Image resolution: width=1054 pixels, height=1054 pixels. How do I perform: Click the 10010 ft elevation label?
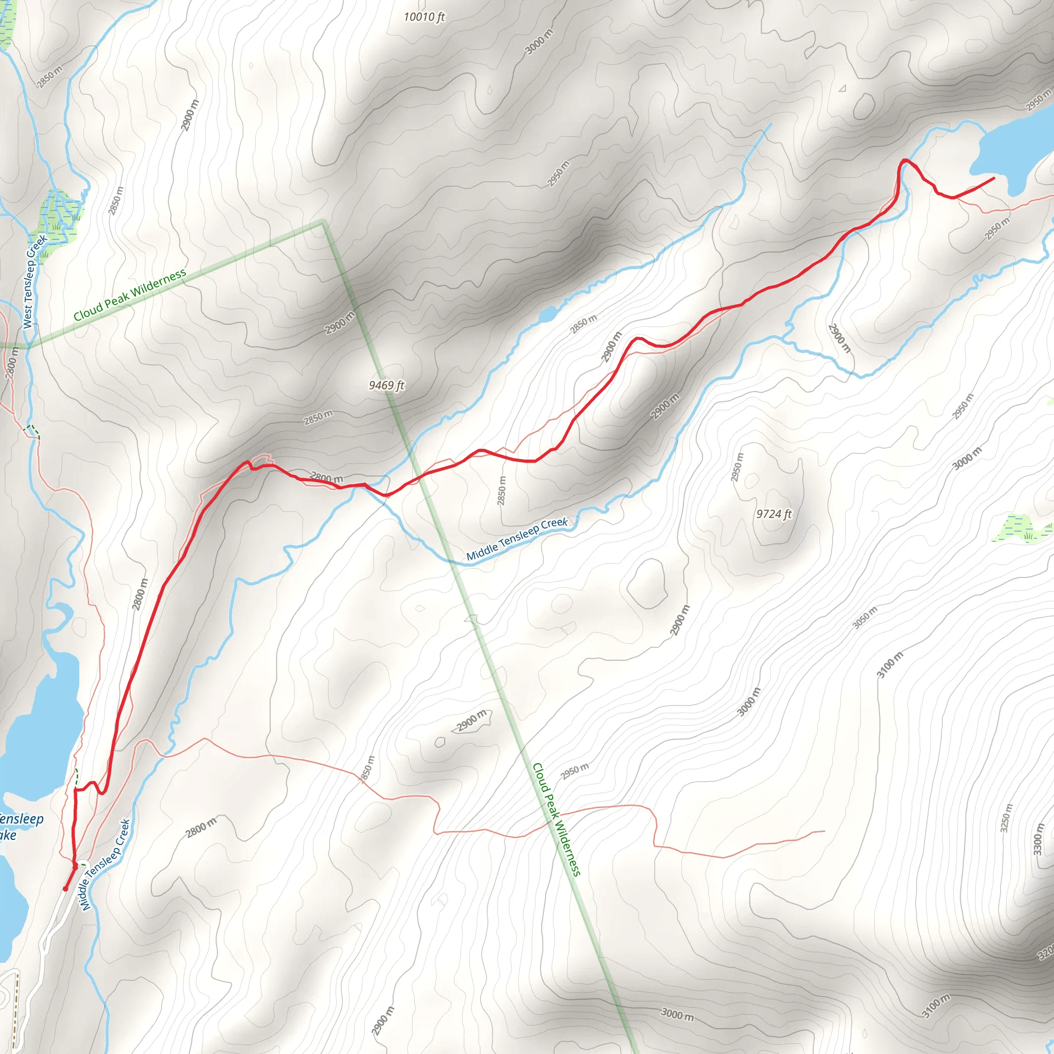tap(424, 17)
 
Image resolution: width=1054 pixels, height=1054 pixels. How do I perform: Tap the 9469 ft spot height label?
tap(387, 385)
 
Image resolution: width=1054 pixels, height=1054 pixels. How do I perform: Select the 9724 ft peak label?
tap(774, 514)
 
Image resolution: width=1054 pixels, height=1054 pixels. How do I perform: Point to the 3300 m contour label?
tap(1038, 840)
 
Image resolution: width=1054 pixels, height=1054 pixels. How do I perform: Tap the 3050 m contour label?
tap(865, 617)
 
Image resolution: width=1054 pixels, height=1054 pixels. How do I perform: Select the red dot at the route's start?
tap(65, 889)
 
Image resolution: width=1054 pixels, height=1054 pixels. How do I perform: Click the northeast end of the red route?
tap(993, 178)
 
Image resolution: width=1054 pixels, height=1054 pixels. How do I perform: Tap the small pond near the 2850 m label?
tap(548, 314)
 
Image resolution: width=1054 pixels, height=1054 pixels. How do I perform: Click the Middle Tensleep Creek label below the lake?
tap(106, 865)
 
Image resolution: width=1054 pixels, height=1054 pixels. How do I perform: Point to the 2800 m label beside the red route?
tap(139, 594)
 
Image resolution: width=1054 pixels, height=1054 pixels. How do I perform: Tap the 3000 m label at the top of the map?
tap(539, 42)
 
